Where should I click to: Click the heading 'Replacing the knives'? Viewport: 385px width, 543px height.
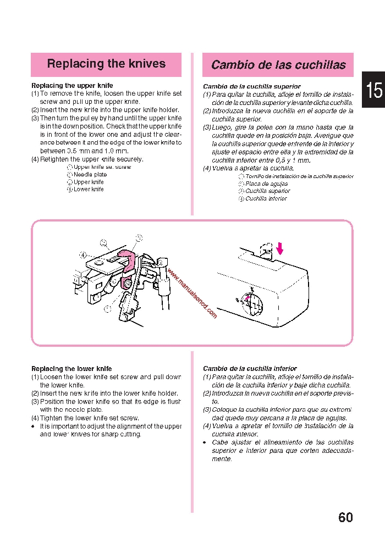(x=106, y=64)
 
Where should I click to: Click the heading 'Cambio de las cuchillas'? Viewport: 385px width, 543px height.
(x=278, y=65)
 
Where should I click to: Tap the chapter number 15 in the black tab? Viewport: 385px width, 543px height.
(x=374, y=90)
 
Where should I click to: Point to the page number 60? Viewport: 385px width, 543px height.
(x=345, y=517)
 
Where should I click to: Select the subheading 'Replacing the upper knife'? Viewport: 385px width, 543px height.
(x=72, y=86)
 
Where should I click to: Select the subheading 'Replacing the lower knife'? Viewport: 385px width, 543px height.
(x=71, y=369)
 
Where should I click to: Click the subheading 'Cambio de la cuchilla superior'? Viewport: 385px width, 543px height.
(x=252, y=87)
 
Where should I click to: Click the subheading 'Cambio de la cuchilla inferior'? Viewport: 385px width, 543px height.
(x=250, y=369)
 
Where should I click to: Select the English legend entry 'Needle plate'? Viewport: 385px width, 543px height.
(x=90, y=175)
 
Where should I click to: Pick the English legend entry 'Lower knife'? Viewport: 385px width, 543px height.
(x=89, y=190)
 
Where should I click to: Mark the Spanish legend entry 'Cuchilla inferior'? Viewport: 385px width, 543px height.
(x=266, y=199)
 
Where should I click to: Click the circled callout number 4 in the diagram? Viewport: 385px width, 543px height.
(x=82, y=255)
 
